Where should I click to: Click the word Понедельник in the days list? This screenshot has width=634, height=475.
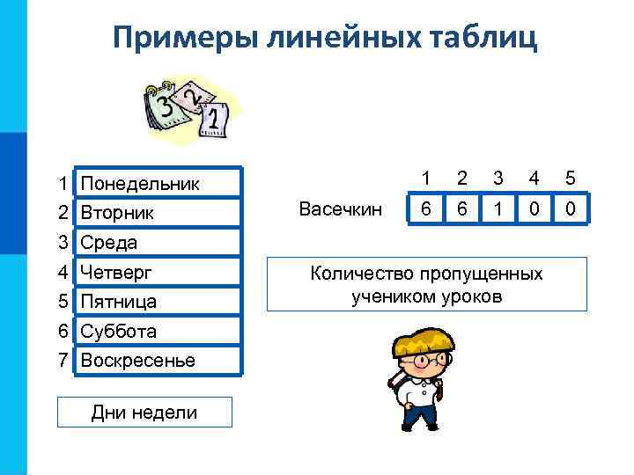140,184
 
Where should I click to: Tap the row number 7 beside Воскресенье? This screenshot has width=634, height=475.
63,361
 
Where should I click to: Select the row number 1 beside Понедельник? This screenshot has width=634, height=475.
63,184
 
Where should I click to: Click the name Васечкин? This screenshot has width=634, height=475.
341,208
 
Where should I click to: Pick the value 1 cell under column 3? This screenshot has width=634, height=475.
498,210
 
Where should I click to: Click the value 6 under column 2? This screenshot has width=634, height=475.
462,210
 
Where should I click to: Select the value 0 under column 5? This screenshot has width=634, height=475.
571,210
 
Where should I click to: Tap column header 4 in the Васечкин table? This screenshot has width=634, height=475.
534,178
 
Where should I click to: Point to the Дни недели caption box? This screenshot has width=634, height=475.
144,412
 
